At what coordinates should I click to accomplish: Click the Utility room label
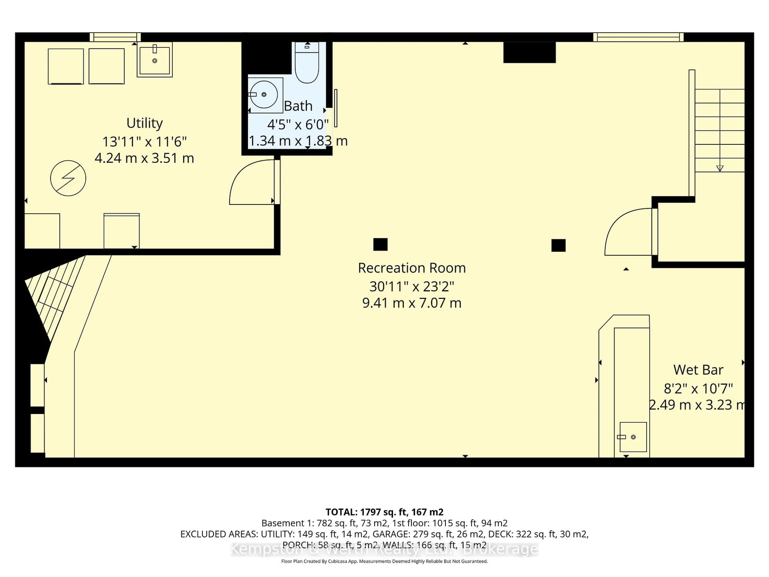(x=144, y=123)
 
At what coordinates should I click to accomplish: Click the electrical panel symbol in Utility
(x=68, y=178)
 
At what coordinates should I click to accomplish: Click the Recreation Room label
(x=412, y=268)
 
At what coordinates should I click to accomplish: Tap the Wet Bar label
(x=698, y=370)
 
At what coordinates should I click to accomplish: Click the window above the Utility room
(x=115, y=37)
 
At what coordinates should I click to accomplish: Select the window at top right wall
(x=638, y=37)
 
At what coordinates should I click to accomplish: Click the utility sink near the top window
(x=155, y=60)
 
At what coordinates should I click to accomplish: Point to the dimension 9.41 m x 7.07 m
(x=412, y=303)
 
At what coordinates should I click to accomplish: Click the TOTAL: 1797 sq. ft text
(x=384, y=512)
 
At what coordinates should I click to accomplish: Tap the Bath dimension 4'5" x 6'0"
(x=298, y=124)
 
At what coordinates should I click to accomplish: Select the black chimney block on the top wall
(x=529, y=52)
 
